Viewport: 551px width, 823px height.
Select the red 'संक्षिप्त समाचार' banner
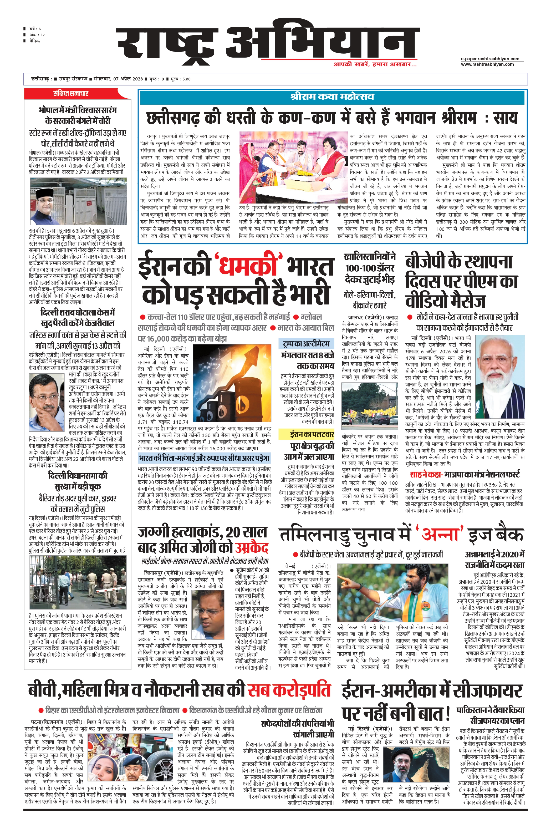coord(71,93)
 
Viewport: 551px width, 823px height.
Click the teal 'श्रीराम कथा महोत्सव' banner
coord(332,97)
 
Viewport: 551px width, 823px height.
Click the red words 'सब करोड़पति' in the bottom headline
coord(289,690)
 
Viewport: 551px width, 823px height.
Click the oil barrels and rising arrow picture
coord(232,383)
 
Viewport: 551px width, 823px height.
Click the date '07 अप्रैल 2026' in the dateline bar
coord(128,79)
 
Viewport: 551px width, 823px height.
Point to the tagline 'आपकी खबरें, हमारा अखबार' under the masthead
coord(375,65)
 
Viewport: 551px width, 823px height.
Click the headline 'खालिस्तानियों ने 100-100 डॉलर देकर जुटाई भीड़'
coord(369,268)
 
